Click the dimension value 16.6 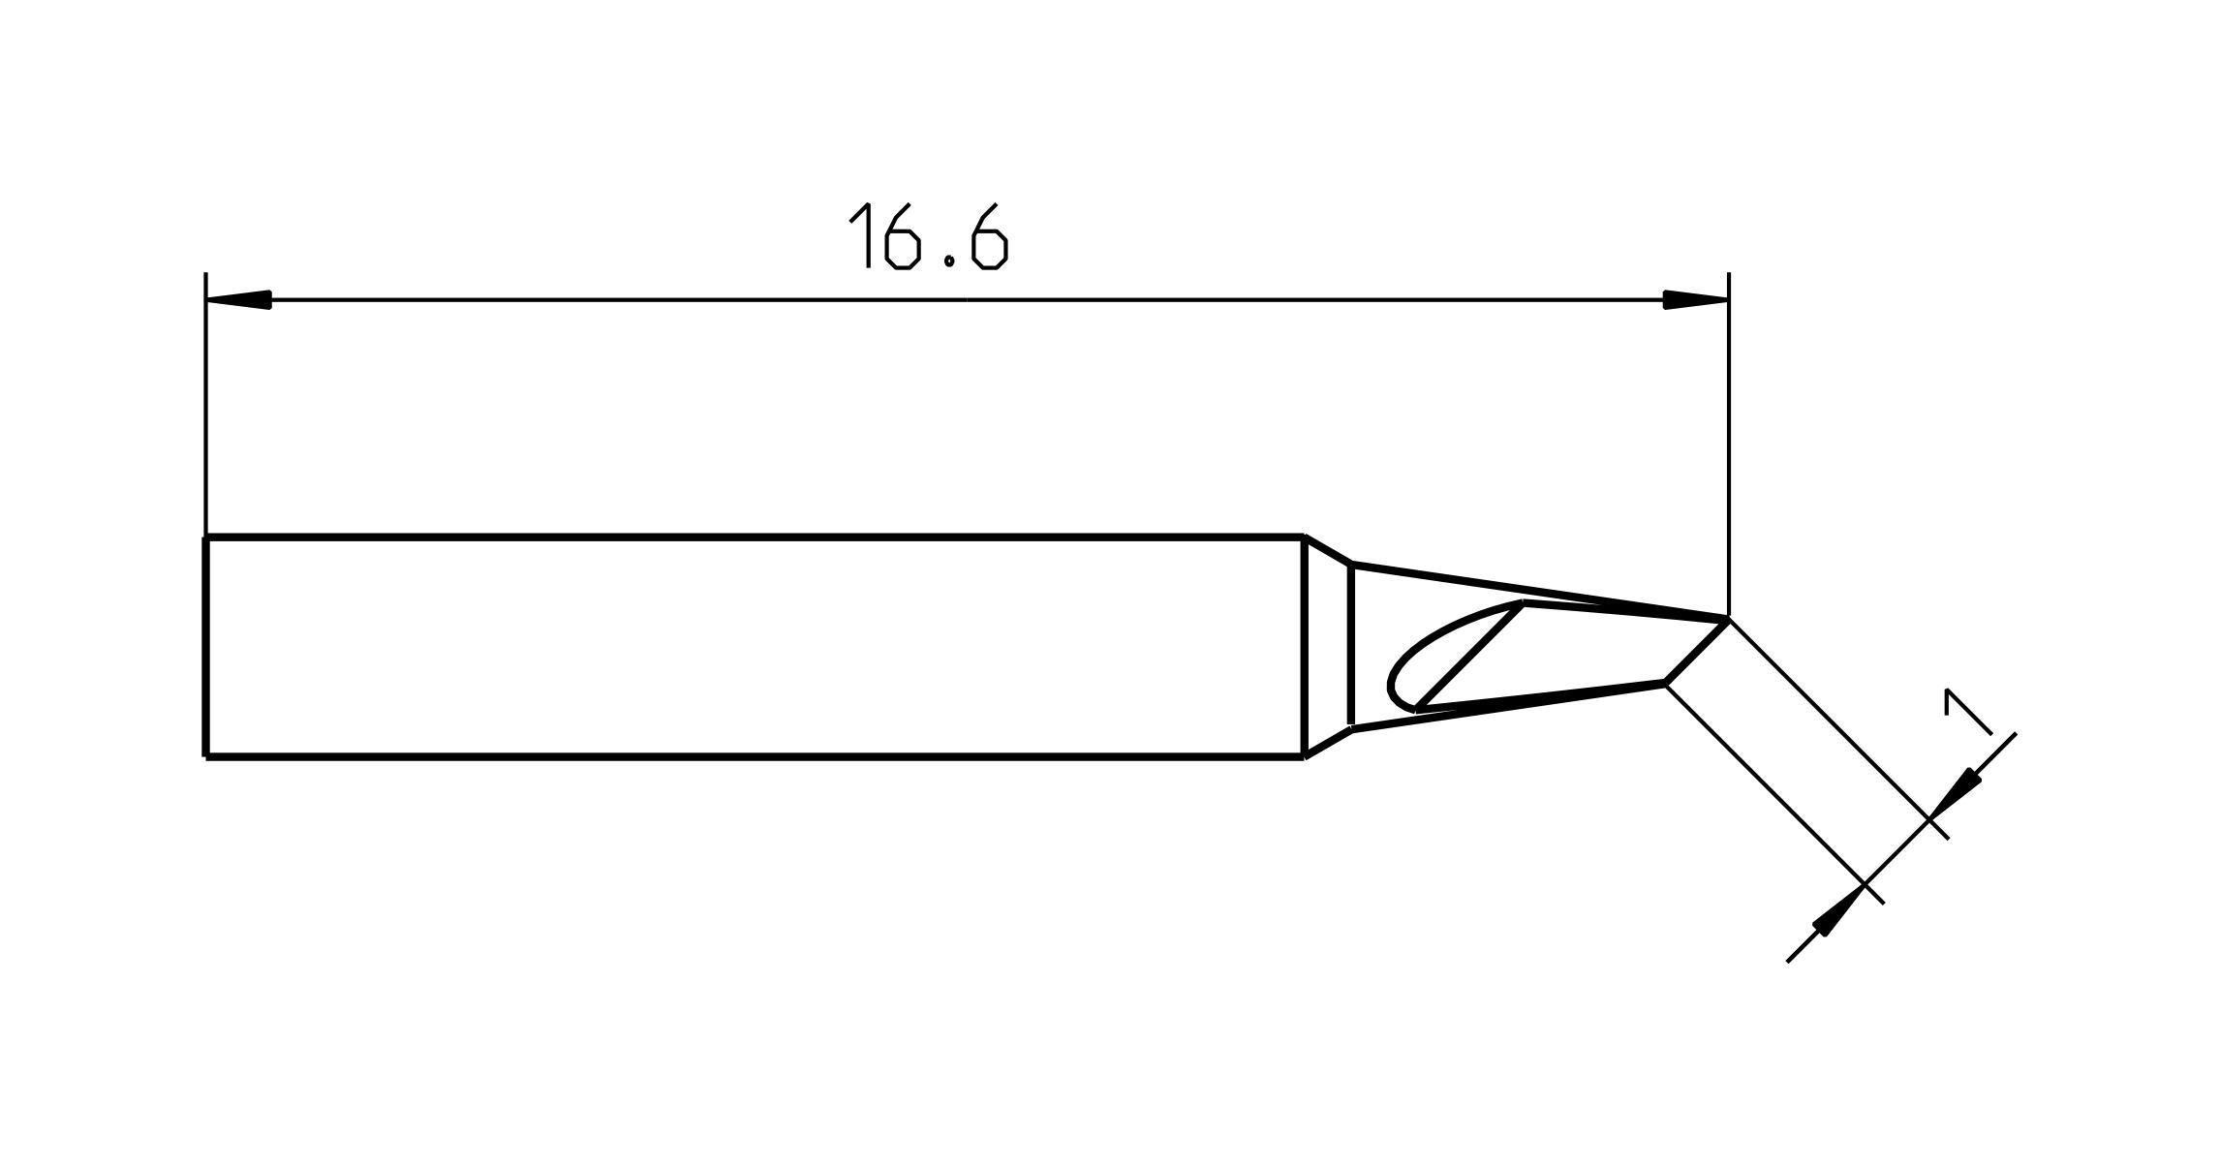(928, 236)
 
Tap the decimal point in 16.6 (950, 261)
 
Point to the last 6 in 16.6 (990, 236)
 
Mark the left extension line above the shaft (205, 407)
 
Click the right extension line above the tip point (1728, 445)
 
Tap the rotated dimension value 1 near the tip (1965, 714)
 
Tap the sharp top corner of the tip (1727, 618)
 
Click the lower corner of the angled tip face (1665, 684)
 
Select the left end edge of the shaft (205, 646)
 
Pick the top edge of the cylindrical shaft (755, 537)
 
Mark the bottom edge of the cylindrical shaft (755, 756)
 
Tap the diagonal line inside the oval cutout (1470, 656)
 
